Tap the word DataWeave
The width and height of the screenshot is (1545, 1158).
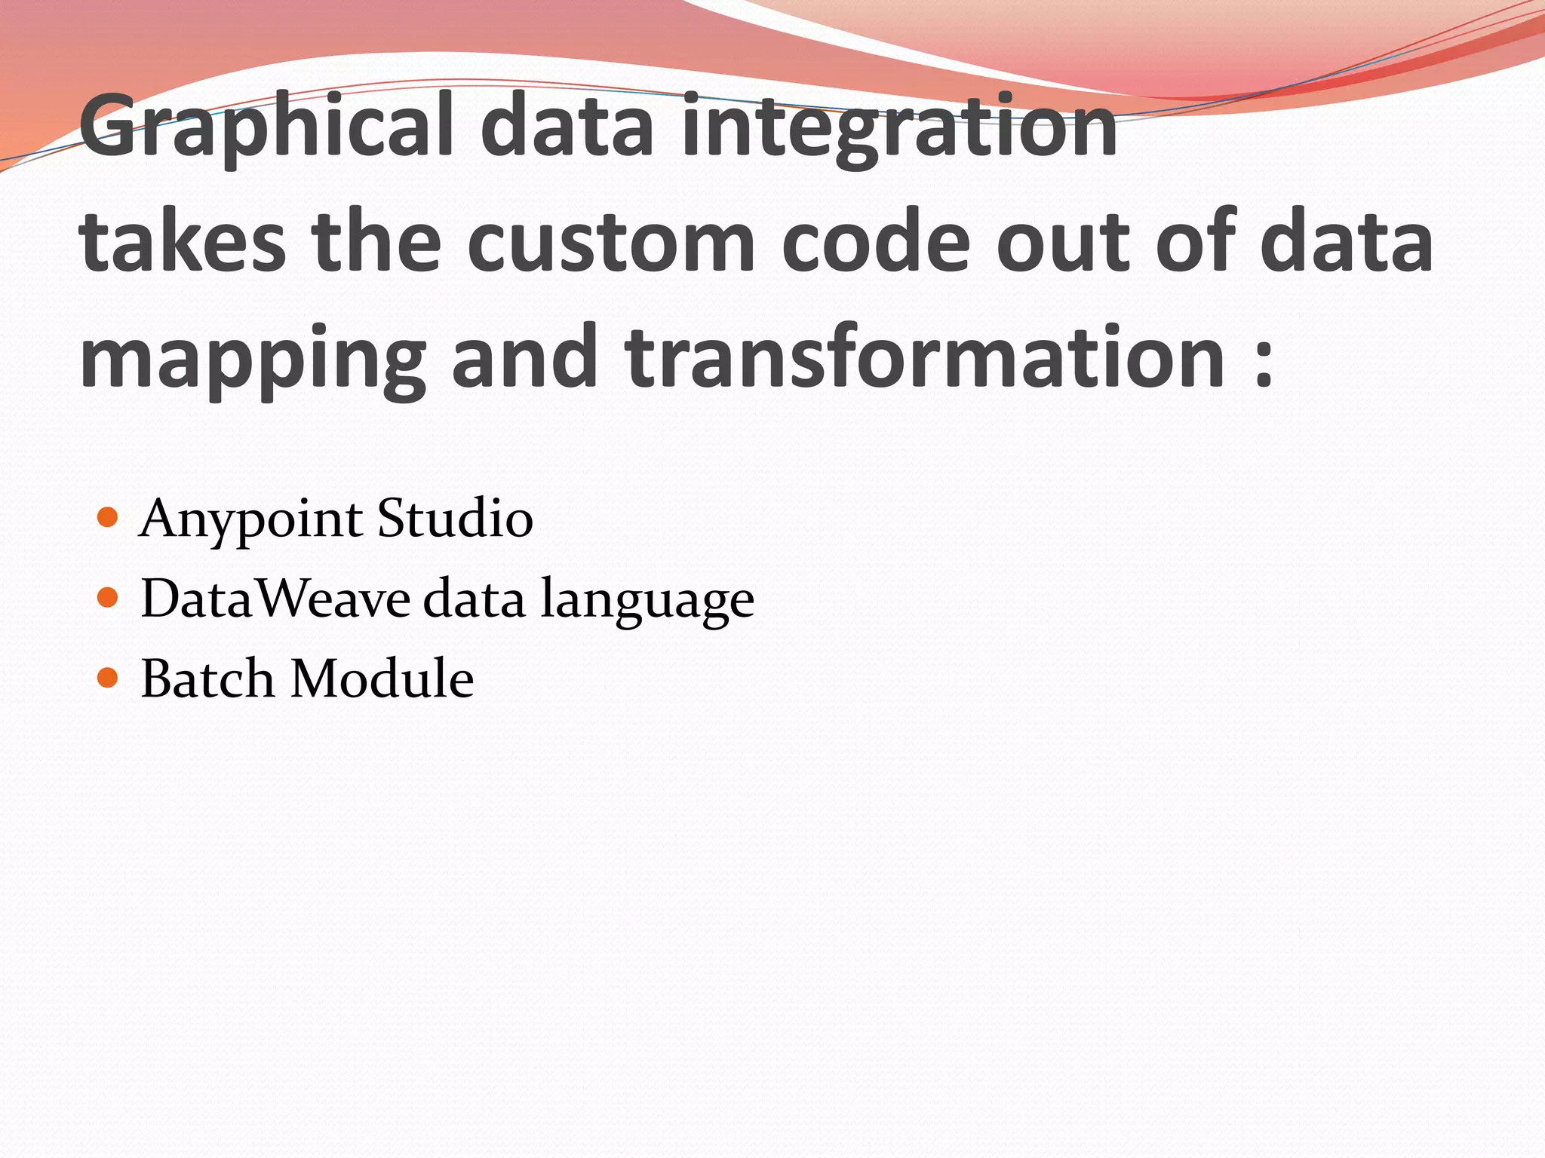click(275, 599)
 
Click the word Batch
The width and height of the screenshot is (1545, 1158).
click(207, 679)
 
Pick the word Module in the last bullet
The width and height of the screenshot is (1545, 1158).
click(382, 679)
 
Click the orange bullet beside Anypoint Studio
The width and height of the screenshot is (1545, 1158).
click(109, 517)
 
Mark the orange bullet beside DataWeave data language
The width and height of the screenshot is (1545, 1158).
click(109, 598)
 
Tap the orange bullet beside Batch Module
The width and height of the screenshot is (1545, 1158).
click(109, 678)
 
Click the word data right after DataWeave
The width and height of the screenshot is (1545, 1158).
click(474, 599)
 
